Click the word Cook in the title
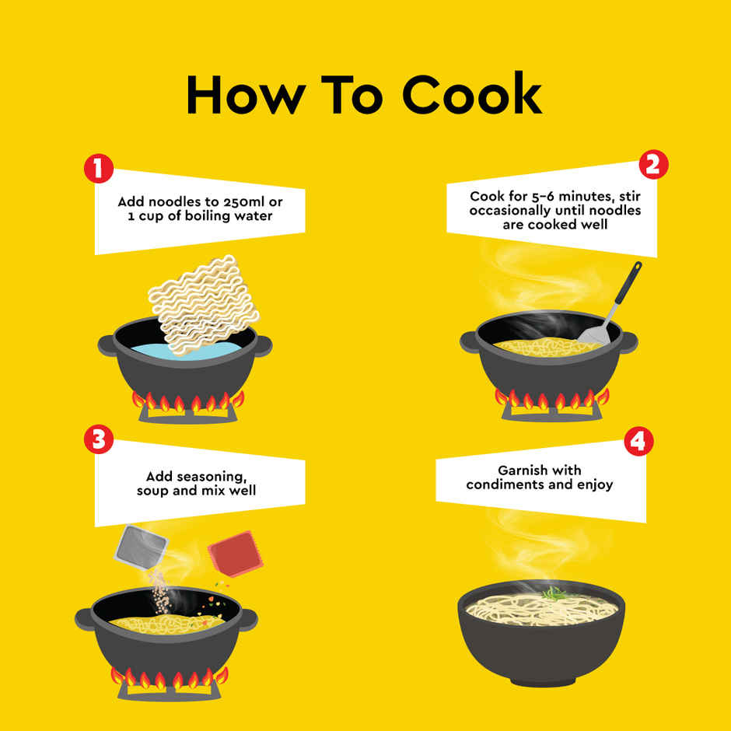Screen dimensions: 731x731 [x=472, y=93]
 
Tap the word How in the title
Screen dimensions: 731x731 [x=247, y=95]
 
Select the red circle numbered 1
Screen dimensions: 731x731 [x=99, y=168]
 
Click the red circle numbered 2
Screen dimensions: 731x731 [x=653, y=165]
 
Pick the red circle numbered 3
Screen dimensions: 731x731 [x=99, y=439]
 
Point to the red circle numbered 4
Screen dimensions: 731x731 [x=638, y=442]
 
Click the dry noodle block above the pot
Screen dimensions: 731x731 [x=204, y=304]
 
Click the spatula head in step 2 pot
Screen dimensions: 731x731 [x=594, y=335]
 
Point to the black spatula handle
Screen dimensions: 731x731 [x=628, y=284]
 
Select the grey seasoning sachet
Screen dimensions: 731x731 [x=140, y=547]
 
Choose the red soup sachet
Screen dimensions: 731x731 [x=236, y=554]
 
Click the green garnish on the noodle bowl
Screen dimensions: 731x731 [x=554, y=593]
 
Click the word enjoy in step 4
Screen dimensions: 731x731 [x=596, y=485]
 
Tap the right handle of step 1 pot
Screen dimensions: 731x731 [x=264, y=345]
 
